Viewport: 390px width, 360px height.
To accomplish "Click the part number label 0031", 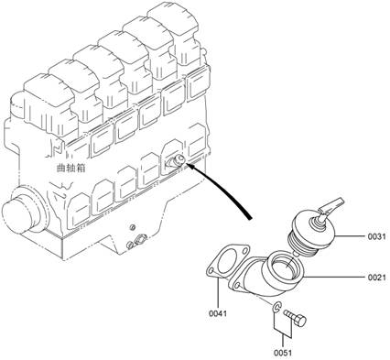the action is coord(376,236).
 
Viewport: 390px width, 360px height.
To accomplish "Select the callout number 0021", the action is coord(376,278).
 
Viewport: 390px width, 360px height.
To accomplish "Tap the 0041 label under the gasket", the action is coord(218,313).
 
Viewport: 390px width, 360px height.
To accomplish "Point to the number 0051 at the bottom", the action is coord(283,353).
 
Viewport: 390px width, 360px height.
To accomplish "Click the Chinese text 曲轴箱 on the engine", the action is coord(70,168).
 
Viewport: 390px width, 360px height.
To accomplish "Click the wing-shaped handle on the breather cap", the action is coord(331,205).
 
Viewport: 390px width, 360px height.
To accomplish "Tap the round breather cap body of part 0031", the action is coord(314,230).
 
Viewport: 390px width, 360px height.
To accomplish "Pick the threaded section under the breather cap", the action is coord(302,245).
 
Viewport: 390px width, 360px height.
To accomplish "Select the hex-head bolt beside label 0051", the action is coord(295,318).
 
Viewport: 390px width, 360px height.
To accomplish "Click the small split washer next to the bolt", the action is coord(276,308).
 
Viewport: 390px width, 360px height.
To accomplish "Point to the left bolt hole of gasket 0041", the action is coord(211,271).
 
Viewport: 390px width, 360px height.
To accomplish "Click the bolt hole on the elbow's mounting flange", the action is coord(236,286).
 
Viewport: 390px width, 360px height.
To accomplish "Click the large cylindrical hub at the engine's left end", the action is coord(19,211).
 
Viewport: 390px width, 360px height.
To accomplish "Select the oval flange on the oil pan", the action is coord(140,239).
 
